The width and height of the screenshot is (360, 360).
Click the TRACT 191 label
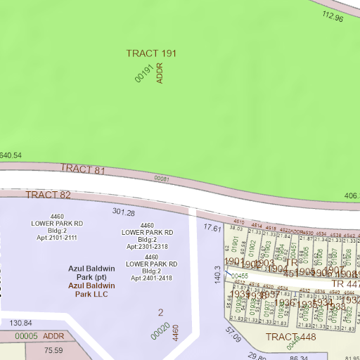coord(151,53)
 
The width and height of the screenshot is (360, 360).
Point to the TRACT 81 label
coord(82,169)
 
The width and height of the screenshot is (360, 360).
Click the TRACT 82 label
coord(49,194)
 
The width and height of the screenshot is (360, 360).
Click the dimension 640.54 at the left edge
coord(11,155)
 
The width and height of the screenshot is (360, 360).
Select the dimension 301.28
coord(123,212)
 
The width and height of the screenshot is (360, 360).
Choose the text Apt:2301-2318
coord(147,247)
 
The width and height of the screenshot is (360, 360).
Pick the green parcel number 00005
coord(25,336)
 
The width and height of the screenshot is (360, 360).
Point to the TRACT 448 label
coord(290,337)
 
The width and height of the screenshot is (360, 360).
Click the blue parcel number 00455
coord(240,276)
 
